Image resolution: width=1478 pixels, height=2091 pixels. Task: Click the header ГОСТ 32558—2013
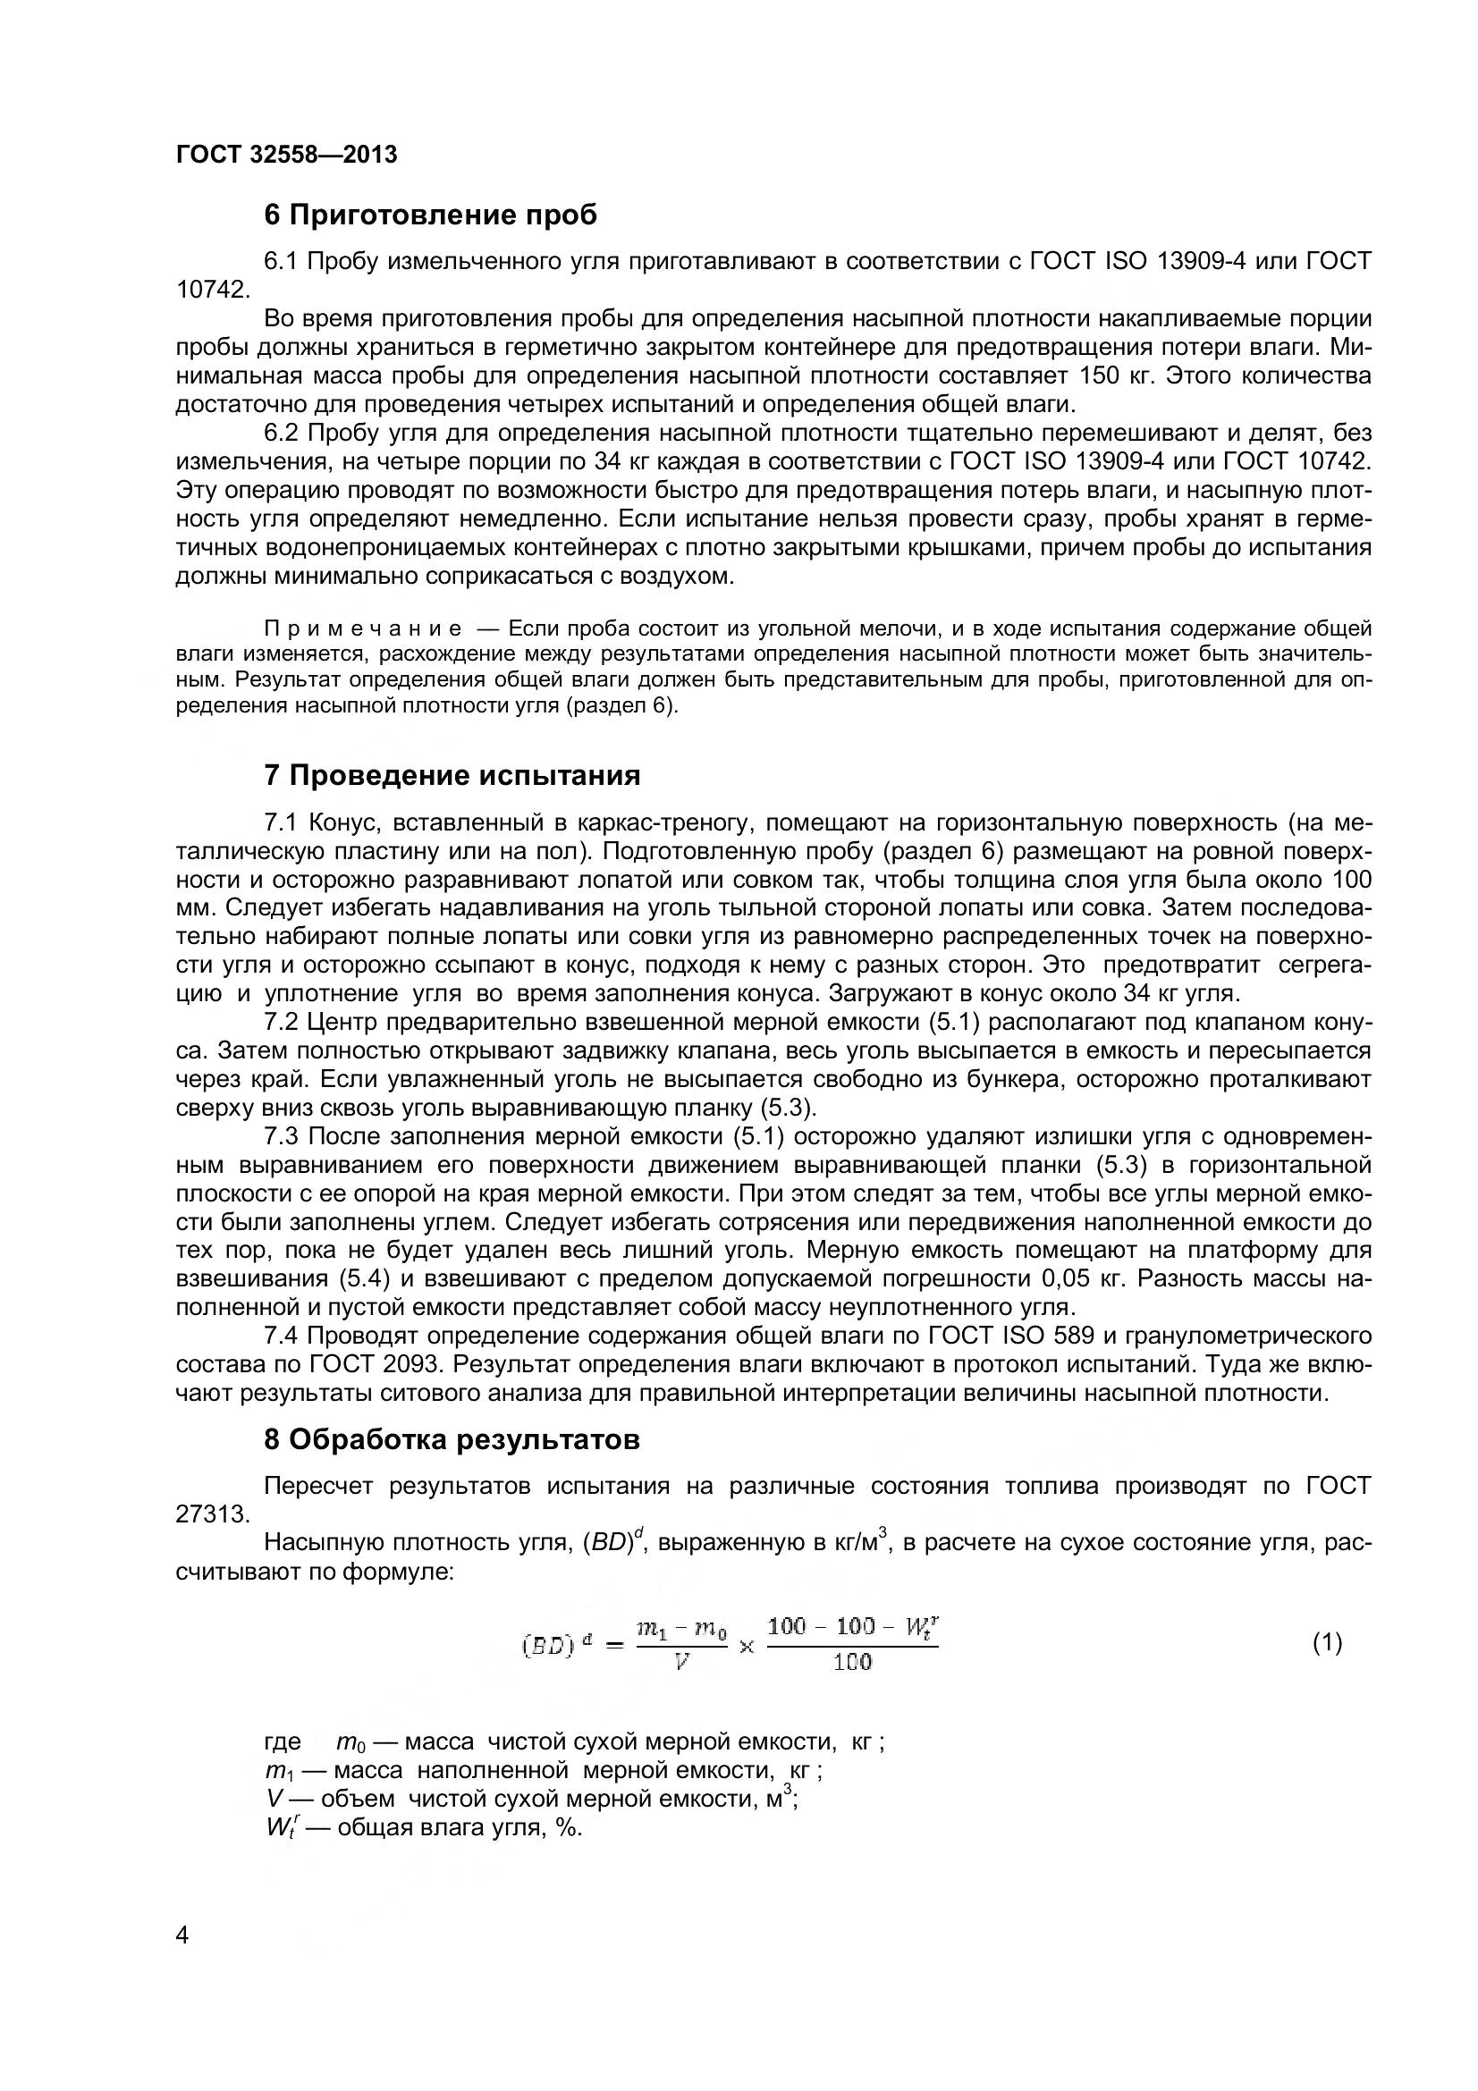(286, 155)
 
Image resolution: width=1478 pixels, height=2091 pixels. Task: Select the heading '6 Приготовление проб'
(431, 215)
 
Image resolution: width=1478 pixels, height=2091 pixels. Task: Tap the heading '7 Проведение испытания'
(452, 776)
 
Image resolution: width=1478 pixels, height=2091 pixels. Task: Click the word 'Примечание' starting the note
(362, 629)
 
